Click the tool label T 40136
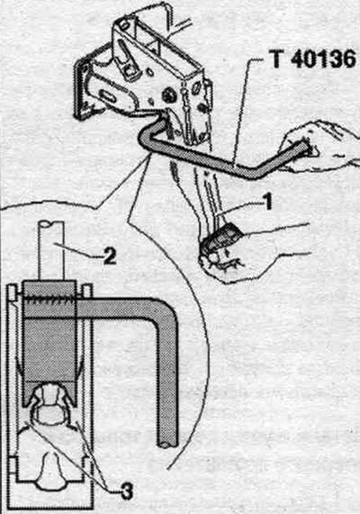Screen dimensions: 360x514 314,59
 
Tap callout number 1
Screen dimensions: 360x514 267,202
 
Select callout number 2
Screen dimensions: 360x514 109,255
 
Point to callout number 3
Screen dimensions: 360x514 126,491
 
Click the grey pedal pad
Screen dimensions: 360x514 223,237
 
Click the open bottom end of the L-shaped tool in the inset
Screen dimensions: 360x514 167,444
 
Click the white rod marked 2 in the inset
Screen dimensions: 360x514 50,250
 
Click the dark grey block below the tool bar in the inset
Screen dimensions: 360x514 49,351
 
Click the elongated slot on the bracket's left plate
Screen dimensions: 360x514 108,96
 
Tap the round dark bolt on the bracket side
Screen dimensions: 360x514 168,95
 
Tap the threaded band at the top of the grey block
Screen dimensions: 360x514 49,301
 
